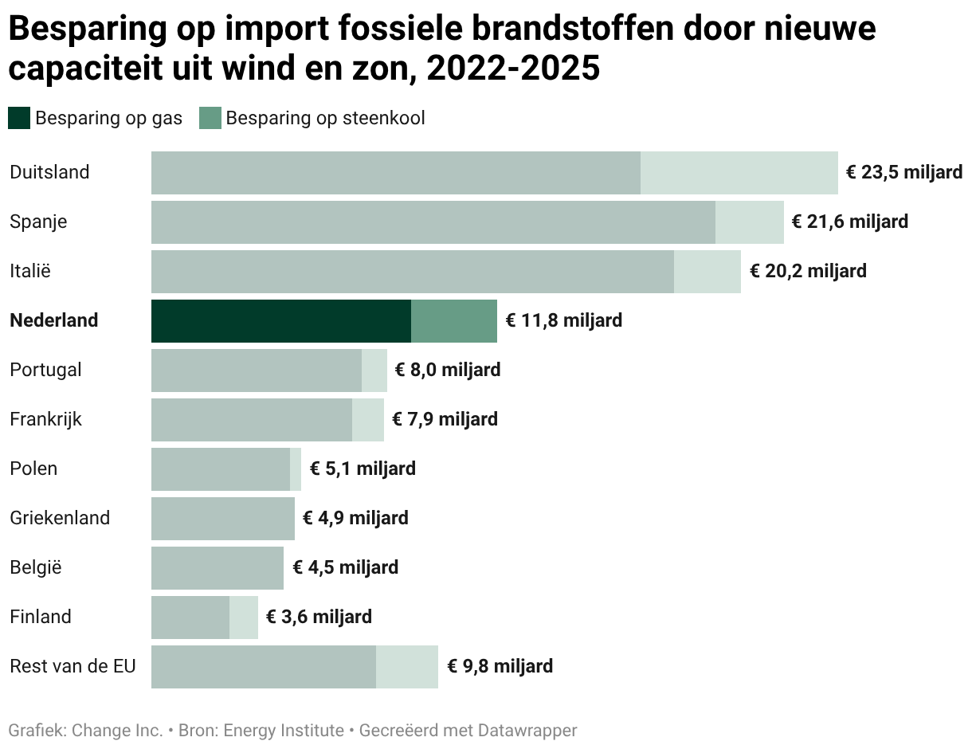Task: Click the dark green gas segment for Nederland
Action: tap(281, 321)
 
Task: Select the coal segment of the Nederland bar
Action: tap(454, 321)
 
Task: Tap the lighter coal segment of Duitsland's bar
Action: tap(739, 173)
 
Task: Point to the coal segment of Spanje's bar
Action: tap(749, 222)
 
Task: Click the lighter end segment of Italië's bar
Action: tap(707, 272)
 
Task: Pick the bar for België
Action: tap(218, 568)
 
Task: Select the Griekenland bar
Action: tap(223, 519)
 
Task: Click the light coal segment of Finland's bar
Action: tap(244, 618)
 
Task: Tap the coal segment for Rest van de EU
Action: tap(407, 667)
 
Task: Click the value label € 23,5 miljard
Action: tap(904, 173)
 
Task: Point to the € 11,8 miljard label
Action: tap(563, 320)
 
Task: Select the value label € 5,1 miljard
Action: tap(363, 469)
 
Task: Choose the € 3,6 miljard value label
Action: tap(319, 617)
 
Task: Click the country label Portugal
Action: tap(45, 371)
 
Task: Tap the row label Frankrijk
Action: tap(45, 419)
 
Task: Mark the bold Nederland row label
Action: tap(53, 320)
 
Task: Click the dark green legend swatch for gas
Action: tap(19, 118)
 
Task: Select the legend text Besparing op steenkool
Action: tap(325, 119)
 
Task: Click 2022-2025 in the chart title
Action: tap(513, 69)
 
